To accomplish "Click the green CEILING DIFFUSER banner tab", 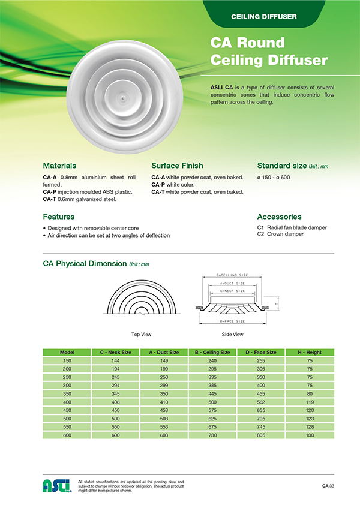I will click(x=264, y=16).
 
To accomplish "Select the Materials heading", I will click(x=59, y=165).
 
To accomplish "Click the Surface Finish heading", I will click(x=177, y=165).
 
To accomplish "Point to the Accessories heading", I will click(x=279, y=217).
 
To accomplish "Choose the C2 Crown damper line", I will click(x=280, y=234).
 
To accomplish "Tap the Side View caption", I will click(x=233, y=333).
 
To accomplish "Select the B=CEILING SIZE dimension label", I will click(x=232, y=275).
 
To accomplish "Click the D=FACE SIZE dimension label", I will click(x=232, y=321).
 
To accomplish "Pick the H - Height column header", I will click(x=310, y=352).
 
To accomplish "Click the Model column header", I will click(x=67, y=352).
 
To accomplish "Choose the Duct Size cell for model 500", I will click(x=164, y=418).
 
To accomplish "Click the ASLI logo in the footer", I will click(x=56, y=485).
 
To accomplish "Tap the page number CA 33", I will click(x=328, y=485).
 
